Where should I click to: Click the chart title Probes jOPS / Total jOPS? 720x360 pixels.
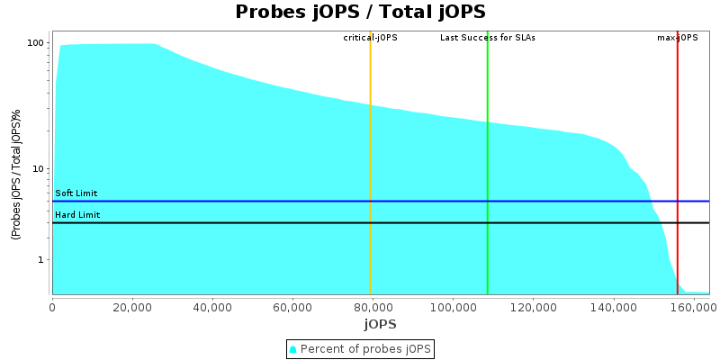pos(360,12)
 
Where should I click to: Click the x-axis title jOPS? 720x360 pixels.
pos(380,324)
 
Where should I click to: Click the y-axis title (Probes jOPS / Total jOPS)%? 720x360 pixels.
pos(16,175)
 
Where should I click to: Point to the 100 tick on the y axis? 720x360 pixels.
pos(36,43)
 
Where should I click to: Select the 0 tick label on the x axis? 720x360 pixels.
pos(52,306)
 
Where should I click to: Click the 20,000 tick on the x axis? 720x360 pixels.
pos(132,306)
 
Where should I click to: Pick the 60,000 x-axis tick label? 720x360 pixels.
pos(292,306)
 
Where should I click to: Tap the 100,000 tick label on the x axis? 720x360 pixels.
pos(453,306)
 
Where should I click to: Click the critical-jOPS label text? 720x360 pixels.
pos(370,38)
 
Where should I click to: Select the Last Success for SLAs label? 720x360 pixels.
pos(488,38)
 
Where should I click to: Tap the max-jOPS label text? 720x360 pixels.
pos(678,38)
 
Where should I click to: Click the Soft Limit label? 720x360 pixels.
pos(76,193)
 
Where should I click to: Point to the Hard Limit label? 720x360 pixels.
pos(77,215)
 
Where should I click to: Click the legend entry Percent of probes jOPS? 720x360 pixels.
pos(360,348)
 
